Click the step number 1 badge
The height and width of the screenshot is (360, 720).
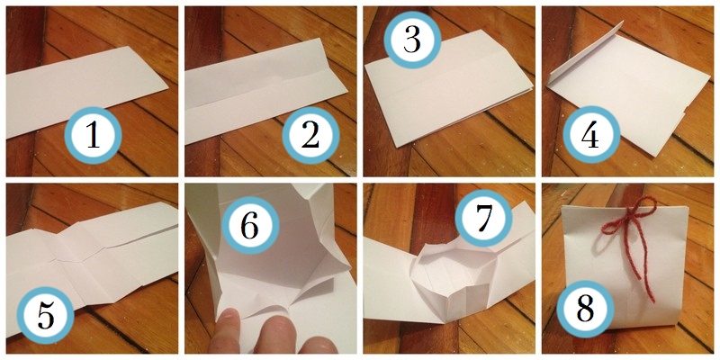tap(93, 136)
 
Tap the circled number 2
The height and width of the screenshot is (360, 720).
tap(310, 136)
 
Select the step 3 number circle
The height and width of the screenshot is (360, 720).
tap(412, 40)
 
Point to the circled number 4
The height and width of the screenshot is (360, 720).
tap(592, 136)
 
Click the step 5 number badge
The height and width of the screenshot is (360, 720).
tap(46, 316)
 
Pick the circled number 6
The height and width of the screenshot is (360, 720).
tap(250, 226)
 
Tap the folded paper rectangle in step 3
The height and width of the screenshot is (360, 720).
tap(448, 86)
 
